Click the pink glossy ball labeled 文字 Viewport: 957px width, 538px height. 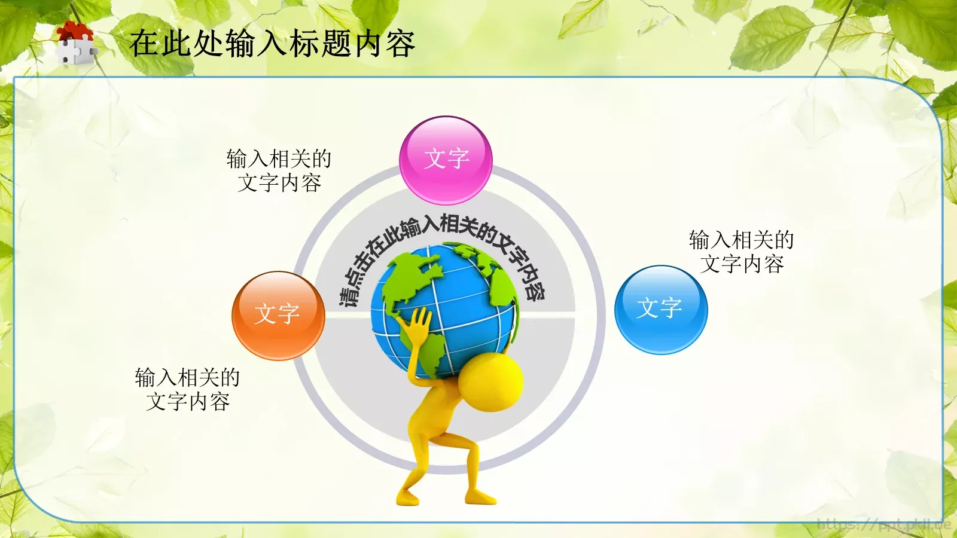pyautogui.click(x=446, y=160)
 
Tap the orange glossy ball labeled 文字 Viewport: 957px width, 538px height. pyautogui.click(x=278, y=315)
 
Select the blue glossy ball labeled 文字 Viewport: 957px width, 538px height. pyautogui.click(x=661, y=310)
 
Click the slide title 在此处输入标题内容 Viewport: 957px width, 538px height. pyautogui.click(x=272, y=44)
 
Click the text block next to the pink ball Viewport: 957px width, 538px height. pyautogui.click(x=279, y=171)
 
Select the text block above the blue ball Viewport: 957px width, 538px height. pyautogui.click(x=742, y=252)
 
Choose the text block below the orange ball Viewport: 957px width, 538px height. pyautogui.click(x=187, y=390)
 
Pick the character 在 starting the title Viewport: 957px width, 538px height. pyautogui.click(x=144, y=44)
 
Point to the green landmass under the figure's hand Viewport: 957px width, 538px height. pyautogui.click(x=432, y=353)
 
